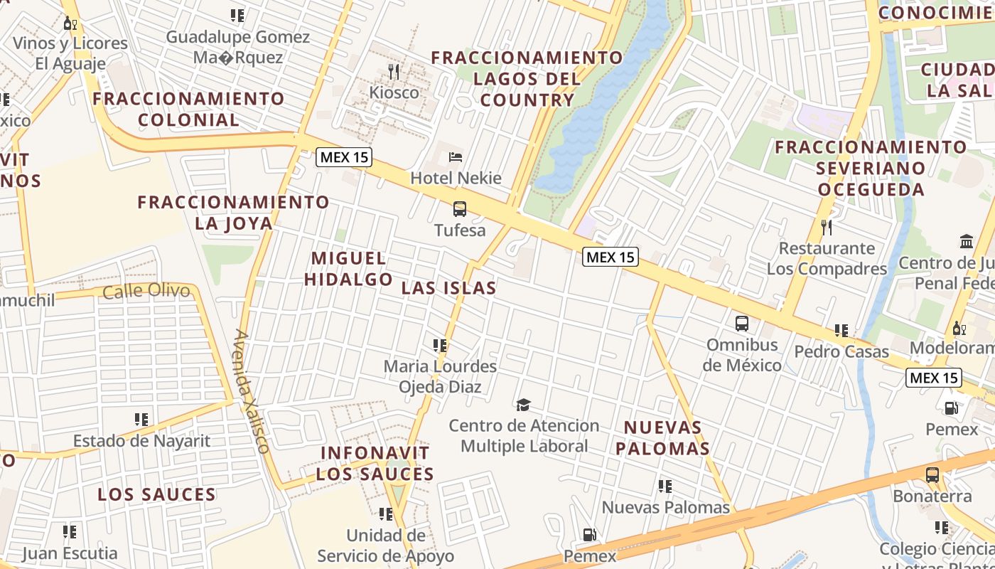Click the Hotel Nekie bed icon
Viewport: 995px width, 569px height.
pyautogui.click(x=456, y=157)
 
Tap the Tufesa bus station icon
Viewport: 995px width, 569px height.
pyautogui.click(x=460, y=209)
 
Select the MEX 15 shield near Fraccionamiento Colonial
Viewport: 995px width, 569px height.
pyautogui.click(x=344, y=157)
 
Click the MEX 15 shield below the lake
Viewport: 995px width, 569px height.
pyautogui.click(x=611, y=257)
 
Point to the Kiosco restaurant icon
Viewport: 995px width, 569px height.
pyautogui.click(x=394, y=72)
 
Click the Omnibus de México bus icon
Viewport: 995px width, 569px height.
pyautogui.click(x=742, y=324)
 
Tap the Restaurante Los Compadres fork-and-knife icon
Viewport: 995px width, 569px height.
pyautogui.click(x=827, y=228)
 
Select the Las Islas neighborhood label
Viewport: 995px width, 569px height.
pyautogui.click(x=448, y=288)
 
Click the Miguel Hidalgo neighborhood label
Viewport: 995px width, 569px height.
pyautogui.click(x=348, y=269)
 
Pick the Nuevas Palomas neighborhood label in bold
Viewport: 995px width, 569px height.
pyautogui.click(x=662, y=438)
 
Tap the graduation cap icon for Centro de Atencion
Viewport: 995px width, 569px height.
pyautogui.click(x=524, y=405)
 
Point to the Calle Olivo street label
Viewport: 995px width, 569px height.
pyautogui.click(x=146, y=291)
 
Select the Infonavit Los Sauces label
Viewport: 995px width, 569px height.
pyautogui.click(x=375, y=464)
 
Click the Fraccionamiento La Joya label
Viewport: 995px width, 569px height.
pyautogui.click(x=233, y=213)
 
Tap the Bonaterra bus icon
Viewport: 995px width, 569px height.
pyautogui.click(x=932, y=474)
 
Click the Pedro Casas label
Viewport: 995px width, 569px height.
pyautogui.click(x=841, y=351)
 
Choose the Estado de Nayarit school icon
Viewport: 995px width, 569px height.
pyautogui.click(x=141, y=420)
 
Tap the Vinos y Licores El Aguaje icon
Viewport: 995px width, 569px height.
pyautogui.click(x=70, y=23)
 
